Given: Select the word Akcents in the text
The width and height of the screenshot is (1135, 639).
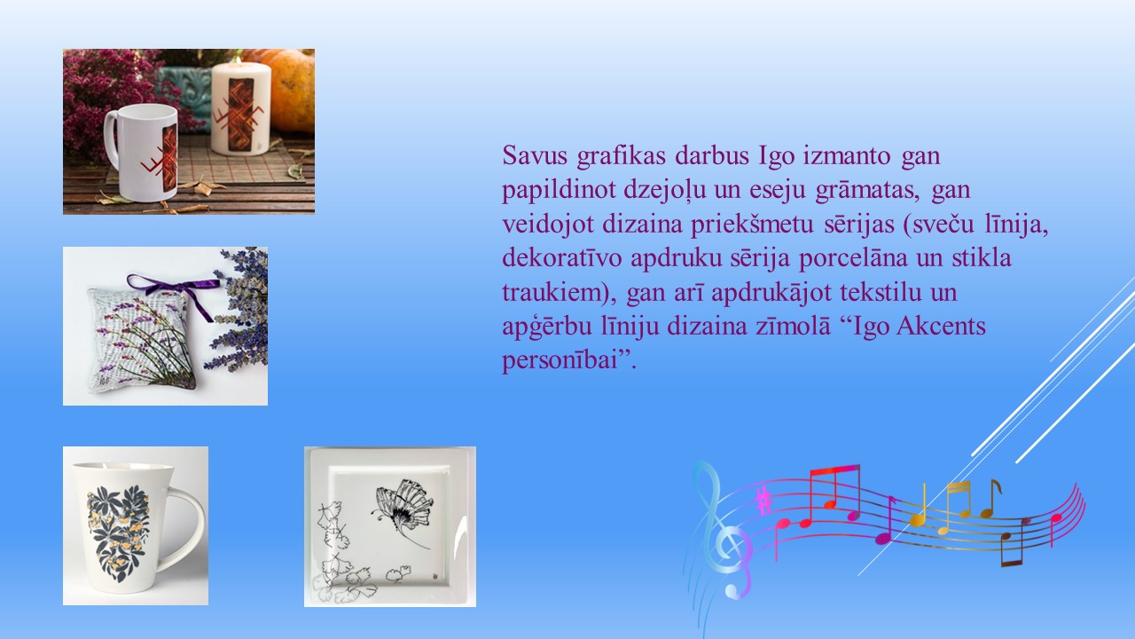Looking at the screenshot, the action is [x=941, y=326].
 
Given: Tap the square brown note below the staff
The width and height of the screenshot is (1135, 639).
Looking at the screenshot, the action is [x=1013, y=548].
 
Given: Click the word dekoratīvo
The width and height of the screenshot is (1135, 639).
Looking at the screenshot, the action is [x=562, y=257].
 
